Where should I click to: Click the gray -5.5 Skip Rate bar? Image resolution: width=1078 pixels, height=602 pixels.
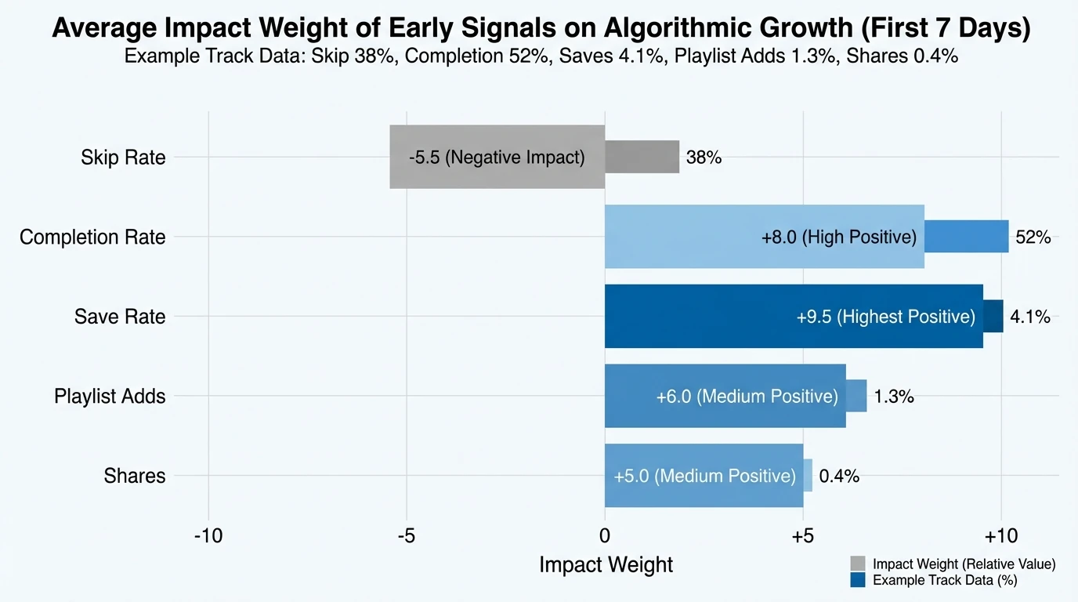(497, 157)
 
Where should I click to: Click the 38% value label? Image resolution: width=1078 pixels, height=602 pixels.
(704, 158)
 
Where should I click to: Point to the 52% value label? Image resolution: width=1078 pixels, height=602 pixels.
(1033, 238)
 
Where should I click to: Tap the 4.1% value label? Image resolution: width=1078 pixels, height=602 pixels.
(1030, 317)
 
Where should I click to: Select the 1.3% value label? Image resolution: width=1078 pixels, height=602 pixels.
(894, 397)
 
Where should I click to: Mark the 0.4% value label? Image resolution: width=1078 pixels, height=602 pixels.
(839, 476)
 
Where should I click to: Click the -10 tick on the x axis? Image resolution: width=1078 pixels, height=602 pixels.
(208, 536)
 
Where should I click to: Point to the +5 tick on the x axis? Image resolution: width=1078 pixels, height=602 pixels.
(802, 536)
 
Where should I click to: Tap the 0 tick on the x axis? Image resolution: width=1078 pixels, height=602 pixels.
(605, 536)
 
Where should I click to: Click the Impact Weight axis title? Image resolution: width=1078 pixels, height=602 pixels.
(606, 564)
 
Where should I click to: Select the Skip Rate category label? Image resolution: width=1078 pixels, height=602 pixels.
(123, 158)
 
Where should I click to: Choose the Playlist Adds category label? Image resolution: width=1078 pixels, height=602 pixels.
(110, 396)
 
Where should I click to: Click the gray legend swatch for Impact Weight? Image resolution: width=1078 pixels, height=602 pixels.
(858, 564)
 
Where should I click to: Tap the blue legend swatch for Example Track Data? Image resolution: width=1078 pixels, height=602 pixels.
(858, 580)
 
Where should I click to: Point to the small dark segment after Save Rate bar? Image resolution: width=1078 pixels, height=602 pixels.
(993, 316)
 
